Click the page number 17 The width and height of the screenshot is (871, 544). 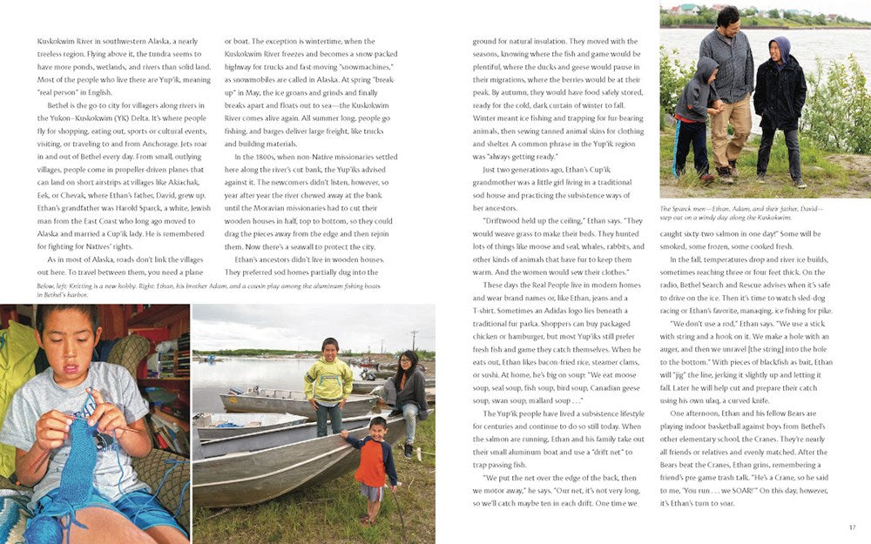(x=851, y=527)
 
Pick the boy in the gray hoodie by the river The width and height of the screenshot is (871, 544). (x=693, y=113)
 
